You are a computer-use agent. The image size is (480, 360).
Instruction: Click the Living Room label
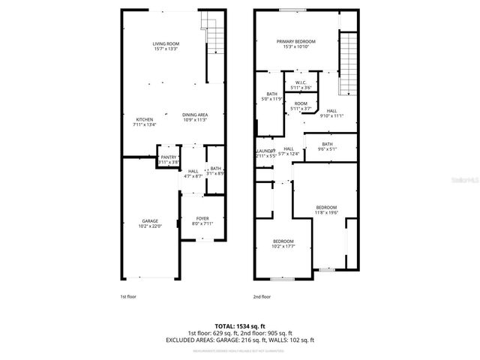pos(166,44)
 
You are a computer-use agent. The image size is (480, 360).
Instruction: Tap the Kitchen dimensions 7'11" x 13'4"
pos(144,125)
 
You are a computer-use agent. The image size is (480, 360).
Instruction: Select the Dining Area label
pos(194,115)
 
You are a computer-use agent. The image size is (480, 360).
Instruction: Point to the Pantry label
pos(168,157)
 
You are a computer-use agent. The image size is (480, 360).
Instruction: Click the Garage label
pos(149,220)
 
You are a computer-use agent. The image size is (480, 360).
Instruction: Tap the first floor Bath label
pos(216,168)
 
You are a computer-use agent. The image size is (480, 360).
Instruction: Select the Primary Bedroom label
pos(295,41)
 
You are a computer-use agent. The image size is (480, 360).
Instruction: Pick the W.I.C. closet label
pos(300,82)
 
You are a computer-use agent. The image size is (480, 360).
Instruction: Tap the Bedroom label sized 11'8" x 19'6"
pos(326,207)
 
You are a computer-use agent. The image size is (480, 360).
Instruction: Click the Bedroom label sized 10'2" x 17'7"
pos(283,241)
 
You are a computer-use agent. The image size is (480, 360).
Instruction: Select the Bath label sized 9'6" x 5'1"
pos(327,144)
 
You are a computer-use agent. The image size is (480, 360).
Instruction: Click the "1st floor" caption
pos(128,296)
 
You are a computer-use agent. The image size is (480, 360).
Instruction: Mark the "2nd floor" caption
pos(262,296)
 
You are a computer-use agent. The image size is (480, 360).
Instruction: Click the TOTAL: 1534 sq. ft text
pos(239,325)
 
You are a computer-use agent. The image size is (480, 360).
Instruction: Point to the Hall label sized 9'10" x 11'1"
pos(331,110)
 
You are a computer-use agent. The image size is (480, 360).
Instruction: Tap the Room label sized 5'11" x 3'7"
pos(301,103)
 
